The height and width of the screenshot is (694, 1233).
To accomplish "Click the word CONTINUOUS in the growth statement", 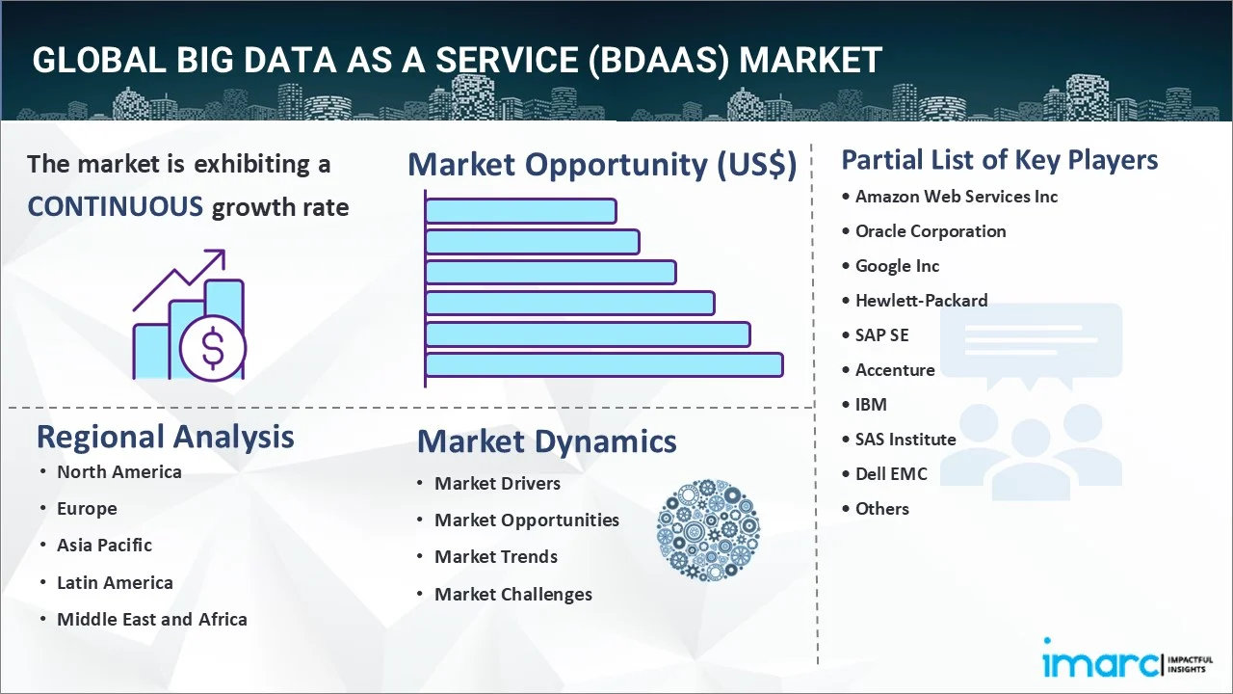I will [115, 206].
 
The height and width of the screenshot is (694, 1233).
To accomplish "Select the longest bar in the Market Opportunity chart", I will [603, 364].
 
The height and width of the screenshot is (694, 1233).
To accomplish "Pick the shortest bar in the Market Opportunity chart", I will [520, 210].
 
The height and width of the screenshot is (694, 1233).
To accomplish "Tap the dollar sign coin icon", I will [213, 350].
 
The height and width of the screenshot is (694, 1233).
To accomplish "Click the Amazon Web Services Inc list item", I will [956, 197].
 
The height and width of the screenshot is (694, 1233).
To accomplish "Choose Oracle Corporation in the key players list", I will [930, 231].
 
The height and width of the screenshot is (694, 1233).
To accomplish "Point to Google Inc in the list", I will [897, 266].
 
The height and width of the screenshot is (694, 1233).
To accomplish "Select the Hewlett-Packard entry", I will [921, 301].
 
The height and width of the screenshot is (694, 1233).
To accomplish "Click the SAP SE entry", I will [881, 335].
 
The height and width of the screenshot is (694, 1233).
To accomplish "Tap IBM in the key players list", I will [871, 405].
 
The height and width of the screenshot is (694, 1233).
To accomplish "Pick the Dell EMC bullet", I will [891, 474].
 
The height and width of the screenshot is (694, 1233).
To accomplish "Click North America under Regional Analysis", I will [118, 471].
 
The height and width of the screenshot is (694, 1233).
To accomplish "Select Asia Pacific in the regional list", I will [104, 545].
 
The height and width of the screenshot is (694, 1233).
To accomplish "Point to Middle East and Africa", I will [151, 619].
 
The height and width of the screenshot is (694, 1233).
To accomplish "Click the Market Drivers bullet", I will [497, 483].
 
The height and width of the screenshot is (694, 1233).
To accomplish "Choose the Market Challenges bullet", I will [512, 594].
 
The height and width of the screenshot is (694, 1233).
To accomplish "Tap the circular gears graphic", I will [708, 530].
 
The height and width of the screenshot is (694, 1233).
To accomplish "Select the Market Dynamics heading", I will [546, 441].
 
